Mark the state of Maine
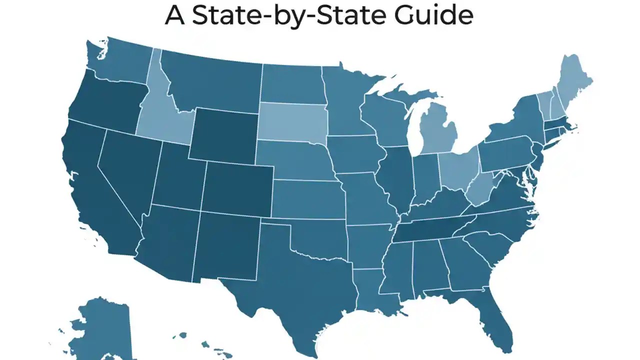pyautogui.click(x=575, y=82)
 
